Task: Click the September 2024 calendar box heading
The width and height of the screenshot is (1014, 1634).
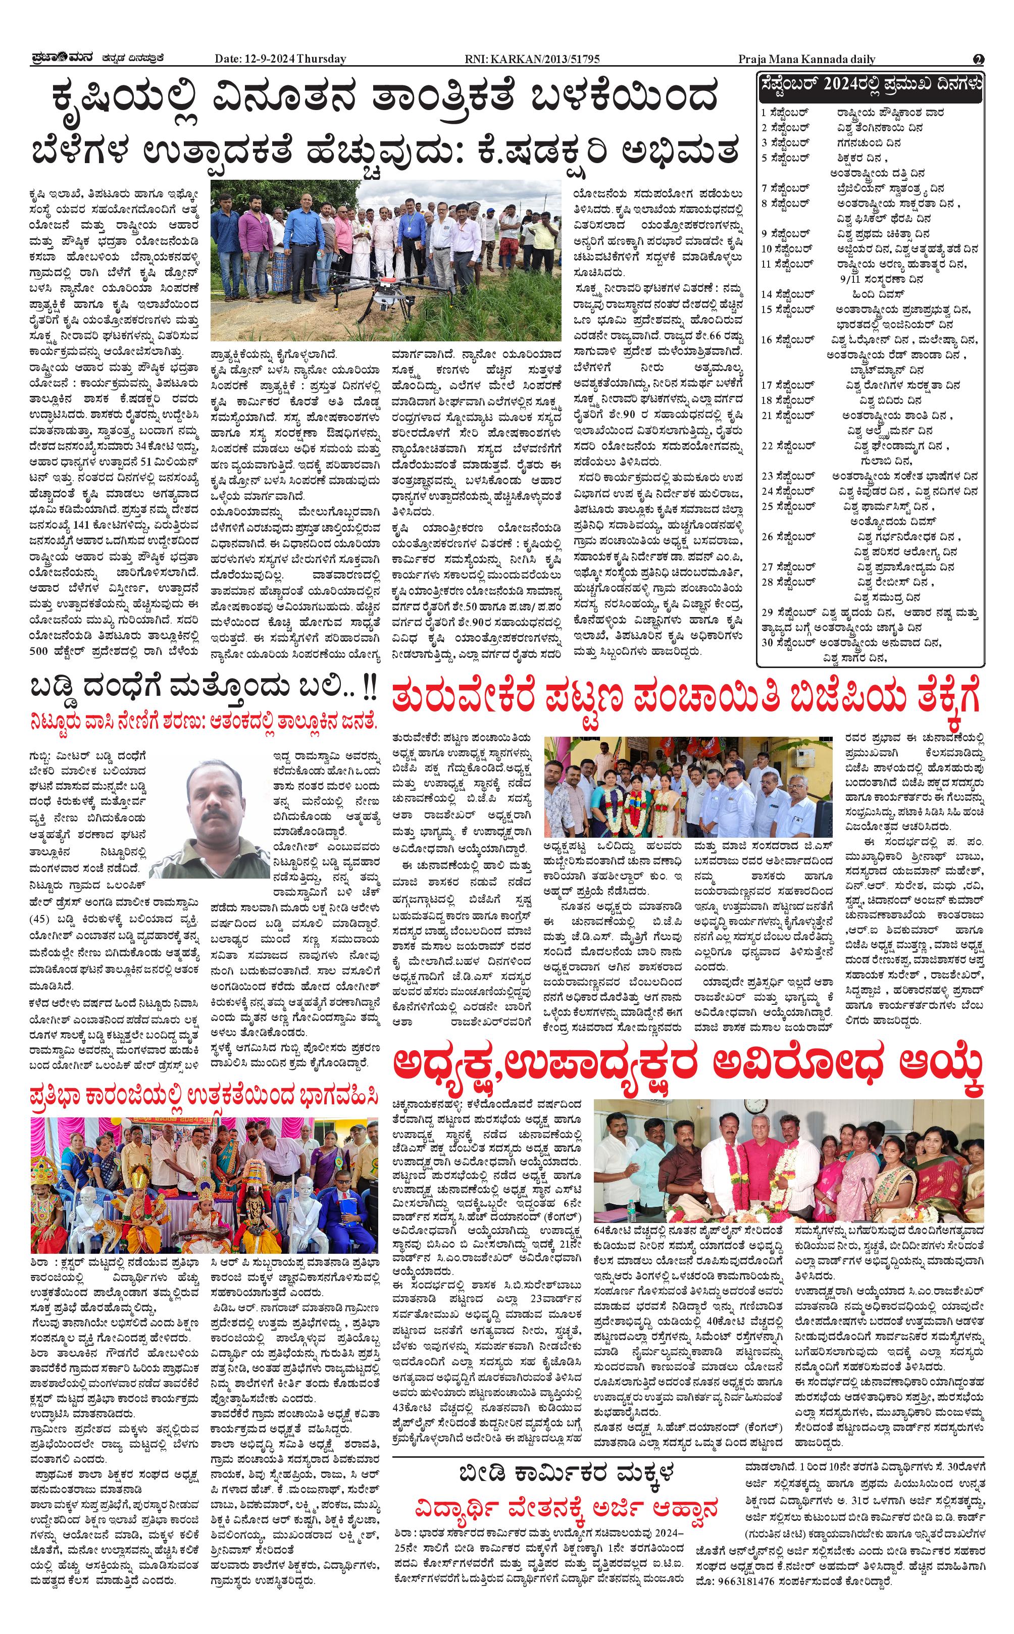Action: click(871, 84)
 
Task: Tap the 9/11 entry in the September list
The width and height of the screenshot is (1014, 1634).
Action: click(881, 278)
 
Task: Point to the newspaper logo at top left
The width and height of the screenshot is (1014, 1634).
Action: click(64, 59)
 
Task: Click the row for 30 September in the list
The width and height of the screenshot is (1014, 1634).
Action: click(852, 642)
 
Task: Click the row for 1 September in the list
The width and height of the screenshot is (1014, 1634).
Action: click(852, 113)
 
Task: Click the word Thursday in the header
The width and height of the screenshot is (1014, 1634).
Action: click(321, 59)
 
